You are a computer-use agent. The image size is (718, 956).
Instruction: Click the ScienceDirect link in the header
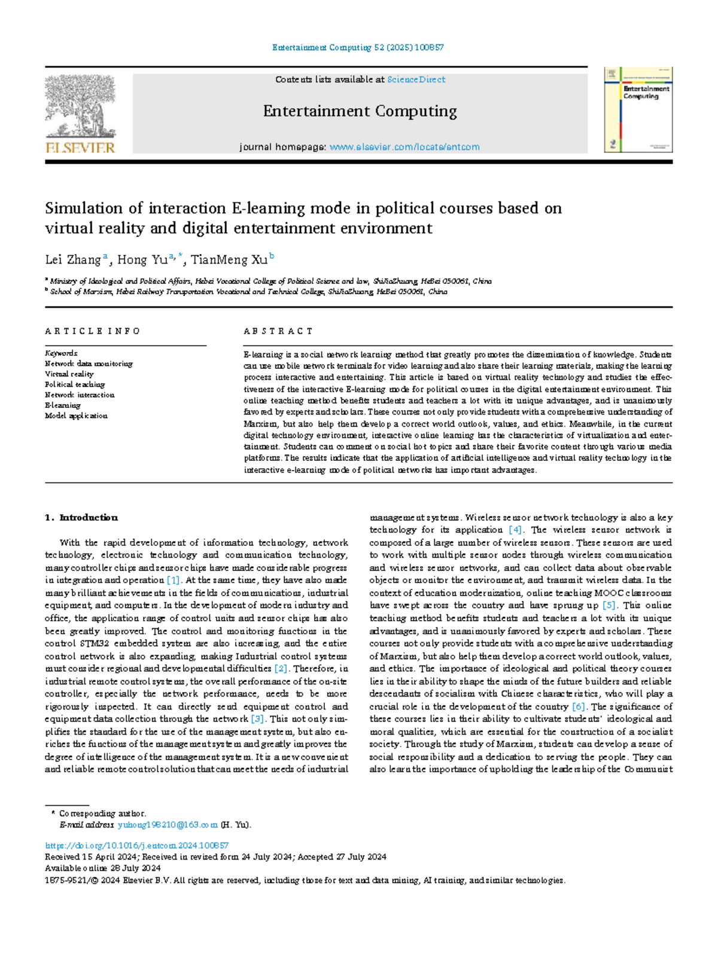click(416, 80)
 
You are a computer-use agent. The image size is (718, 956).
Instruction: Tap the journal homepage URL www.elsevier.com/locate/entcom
click(404, 147)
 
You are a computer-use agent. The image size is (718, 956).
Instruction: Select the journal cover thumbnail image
click(638, 109)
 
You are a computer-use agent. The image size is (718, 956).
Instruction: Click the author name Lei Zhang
click(73, 259)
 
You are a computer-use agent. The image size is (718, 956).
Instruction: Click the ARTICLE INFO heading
click(92, 331)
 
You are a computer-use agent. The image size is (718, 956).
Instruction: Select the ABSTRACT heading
click(278, 331)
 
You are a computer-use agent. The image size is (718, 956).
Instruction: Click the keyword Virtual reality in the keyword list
click(69, 374)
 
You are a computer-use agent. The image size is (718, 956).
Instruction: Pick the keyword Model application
click(76, 416)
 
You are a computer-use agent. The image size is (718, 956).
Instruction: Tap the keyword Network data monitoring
click(89, 364)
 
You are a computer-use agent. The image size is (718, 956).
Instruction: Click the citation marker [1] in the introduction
click(173, 580)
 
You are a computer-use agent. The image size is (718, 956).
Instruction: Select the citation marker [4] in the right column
click(515, 530)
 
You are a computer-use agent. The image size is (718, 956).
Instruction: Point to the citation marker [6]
click(578, 707)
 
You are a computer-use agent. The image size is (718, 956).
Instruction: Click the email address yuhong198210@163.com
click(168, 825)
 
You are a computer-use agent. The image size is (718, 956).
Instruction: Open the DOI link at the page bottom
click(137, 845)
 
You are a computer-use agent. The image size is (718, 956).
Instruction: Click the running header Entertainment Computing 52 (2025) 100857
click(358, 47)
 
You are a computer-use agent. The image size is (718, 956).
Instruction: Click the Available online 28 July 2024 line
click(103, 868)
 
